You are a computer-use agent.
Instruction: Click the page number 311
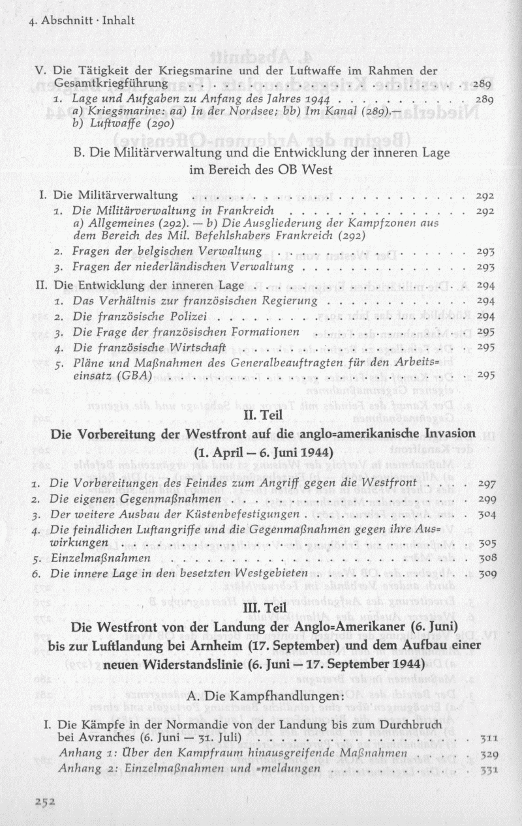pos(489,739)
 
